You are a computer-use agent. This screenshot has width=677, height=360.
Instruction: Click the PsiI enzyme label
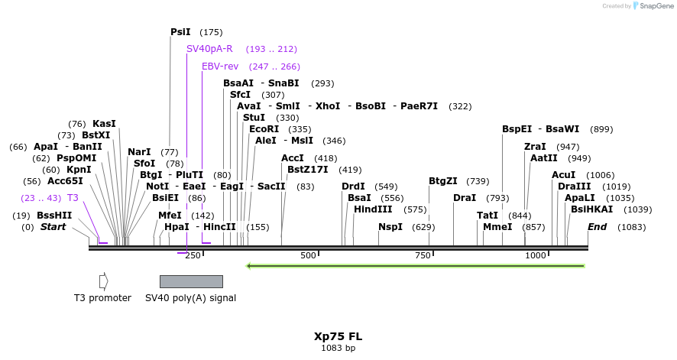(180, 32)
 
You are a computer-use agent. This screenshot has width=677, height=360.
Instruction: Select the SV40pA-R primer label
(209, 49)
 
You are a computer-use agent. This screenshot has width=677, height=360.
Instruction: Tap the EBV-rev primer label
(220, 66)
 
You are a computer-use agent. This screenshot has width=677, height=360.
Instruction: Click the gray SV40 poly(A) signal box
(191, 281)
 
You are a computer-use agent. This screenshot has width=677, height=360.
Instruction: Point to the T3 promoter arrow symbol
(103, 281)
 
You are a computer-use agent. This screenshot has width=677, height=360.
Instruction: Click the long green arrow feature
(415, 266)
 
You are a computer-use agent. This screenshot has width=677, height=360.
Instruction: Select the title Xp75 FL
(338, 336)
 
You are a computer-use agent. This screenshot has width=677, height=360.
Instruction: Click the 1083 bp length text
(338, 349)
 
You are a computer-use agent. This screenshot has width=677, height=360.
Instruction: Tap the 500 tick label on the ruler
(308, 255)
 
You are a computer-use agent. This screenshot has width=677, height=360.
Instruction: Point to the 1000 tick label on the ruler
(535, 255)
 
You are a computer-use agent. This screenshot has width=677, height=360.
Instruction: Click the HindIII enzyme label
(373, 209)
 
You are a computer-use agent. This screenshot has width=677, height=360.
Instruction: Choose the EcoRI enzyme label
(264, 129)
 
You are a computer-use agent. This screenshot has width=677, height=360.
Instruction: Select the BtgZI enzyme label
(443, 181)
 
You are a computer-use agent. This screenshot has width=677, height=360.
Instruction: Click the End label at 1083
(597, 227)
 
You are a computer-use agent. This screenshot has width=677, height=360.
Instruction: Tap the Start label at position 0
(53, 227)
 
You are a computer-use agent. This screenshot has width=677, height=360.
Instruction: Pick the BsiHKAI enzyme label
(591, 209)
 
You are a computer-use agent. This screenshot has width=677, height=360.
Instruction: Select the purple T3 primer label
(73, 198)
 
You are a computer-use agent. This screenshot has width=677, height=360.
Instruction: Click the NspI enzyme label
(390, 227)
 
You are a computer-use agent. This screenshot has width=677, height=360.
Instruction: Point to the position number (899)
(601, 130)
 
